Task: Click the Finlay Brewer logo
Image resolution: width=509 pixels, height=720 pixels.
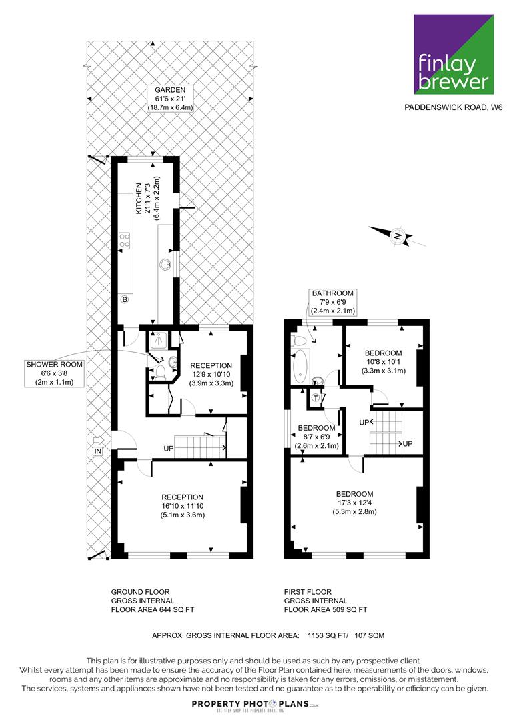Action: (x=454, y=54)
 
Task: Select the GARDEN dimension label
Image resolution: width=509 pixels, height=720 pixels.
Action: (x=170, y=99)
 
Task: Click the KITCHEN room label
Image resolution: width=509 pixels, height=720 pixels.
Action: (x=147, y=199)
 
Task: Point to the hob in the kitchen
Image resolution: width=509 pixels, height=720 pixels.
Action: (x=125, y=241)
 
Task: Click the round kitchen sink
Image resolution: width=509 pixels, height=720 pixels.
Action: (x=165, y=264)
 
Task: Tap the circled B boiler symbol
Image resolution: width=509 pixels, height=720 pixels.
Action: (x=124, y=299)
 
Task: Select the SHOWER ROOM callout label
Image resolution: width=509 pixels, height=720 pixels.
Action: (x=54, y=373)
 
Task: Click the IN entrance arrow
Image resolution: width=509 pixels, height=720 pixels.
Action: (x=98, y=445)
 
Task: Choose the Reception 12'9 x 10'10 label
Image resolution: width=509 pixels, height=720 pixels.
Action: (x=211, y=374)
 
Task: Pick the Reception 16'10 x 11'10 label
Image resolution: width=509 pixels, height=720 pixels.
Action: (x=182, y=505)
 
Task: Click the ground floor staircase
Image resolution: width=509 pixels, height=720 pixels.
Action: (x=200, y=447)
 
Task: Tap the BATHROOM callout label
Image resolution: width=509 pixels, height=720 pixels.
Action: (x=333, y=302)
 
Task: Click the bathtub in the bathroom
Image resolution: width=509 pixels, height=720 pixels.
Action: (x=300, y=367)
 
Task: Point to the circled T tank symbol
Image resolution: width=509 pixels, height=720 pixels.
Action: (x=315, y=398)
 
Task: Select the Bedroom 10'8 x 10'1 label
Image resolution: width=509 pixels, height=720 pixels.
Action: (x=383, y=361)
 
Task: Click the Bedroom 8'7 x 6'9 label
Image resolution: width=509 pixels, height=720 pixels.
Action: (x=316, y=437)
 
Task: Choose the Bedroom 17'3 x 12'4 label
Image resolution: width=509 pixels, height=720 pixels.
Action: (x=354, y=503)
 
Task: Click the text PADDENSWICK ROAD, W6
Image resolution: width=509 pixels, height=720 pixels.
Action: (x=454, y=107)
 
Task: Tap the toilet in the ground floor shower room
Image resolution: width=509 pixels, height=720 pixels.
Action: (x=160, y=371)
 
